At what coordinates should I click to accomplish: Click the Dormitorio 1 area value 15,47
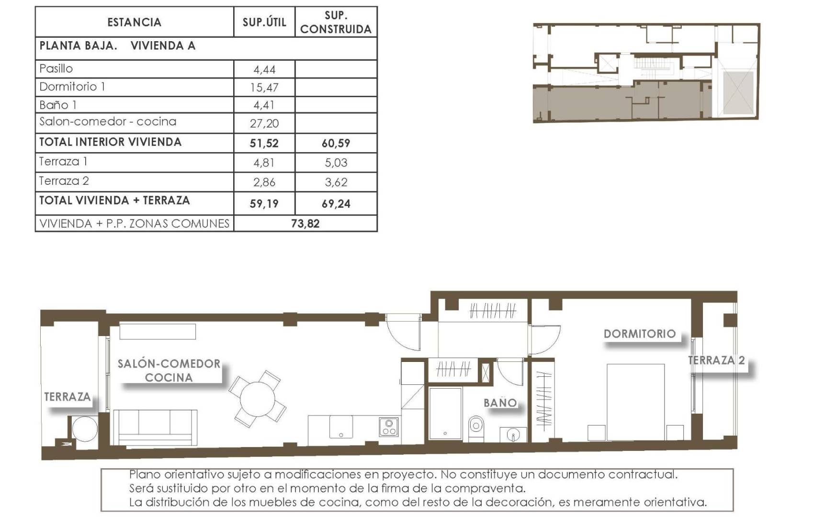[264, 87]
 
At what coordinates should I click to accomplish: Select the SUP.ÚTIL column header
[264, 22]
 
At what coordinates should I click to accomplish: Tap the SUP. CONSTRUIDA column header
[336, 22]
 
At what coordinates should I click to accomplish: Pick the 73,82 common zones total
[305, 224]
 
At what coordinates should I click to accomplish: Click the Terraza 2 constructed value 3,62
[336, 182]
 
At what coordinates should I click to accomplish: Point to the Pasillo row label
[56, 68]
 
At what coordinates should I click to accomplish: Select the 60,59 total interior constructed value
[336, 143]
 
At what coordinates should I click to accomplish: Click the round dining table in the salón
[258, 399]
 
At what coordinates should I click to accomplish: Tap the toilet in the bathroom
[475, 425]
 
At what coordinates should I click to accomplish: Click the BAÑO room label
[500, 403]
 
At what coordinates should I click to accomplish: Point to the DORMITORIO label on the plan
[639, 334]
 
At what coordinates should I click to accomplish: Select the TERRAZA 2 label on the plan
[716, 360]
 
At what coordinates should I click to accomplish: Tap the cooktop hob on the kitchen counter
[388, 427]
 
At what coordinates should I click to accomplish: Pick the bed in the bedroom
[635, 402]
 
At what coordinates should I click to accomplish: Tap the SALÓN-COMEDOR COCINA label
[169, 371]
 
